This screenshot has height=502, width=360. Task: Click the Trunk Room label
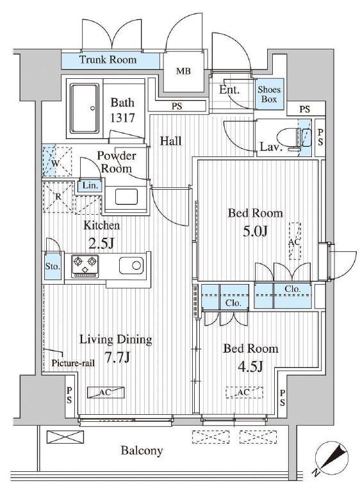(x=108, y=60)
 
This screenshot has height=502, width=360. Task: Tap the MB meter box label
(x=183, y=71)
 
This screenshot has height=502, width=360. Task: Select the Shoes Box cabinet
(x=269, y=94)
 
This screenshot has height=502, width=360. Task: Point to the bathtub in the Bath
(x=85, y=108)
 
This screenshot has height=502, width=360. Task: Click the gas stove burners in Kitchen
(x=85, y=265)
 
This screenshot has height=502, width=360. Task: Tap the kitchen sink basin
(x=131, y=265)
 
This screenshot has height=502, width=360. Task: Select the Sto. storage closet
(x=53, y=265)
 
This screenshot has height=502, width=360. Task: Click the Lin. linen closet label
(x=90, y=185)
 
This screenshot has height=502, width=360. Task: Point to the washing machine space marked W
(x=56, y=162)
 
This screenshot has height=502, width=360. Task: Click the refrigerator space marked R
(x=58, y=197)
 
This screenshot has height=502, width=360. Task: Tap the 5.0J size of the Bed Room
(x=255, y=231)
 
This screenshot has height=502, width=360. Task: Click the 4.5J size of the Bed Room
(x=250, y=366)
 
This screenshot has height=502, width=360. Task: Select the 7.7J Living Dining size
(x=117, y=357)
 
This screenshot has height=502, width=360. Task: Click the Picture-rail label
(x=73, y=364)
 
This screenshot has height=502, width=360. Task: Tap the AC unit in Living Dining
(x=106, y=392)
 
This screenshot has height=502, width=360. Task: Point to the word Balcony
(x=142, y=451)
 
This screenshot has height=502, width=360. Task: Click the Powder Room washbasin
(x=126, y=196)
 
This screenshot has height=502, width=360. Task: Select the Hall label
(x=171, y=140)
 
